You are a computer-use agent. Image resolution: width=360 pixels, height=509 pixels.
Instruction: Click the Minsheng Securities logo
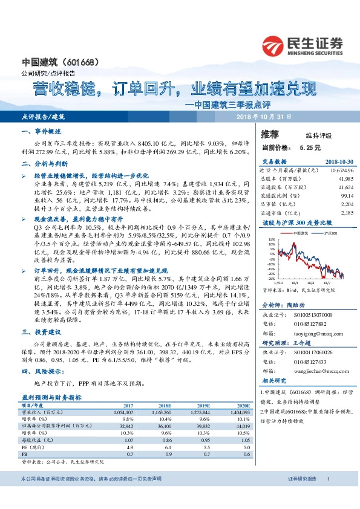coord(302,46)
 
